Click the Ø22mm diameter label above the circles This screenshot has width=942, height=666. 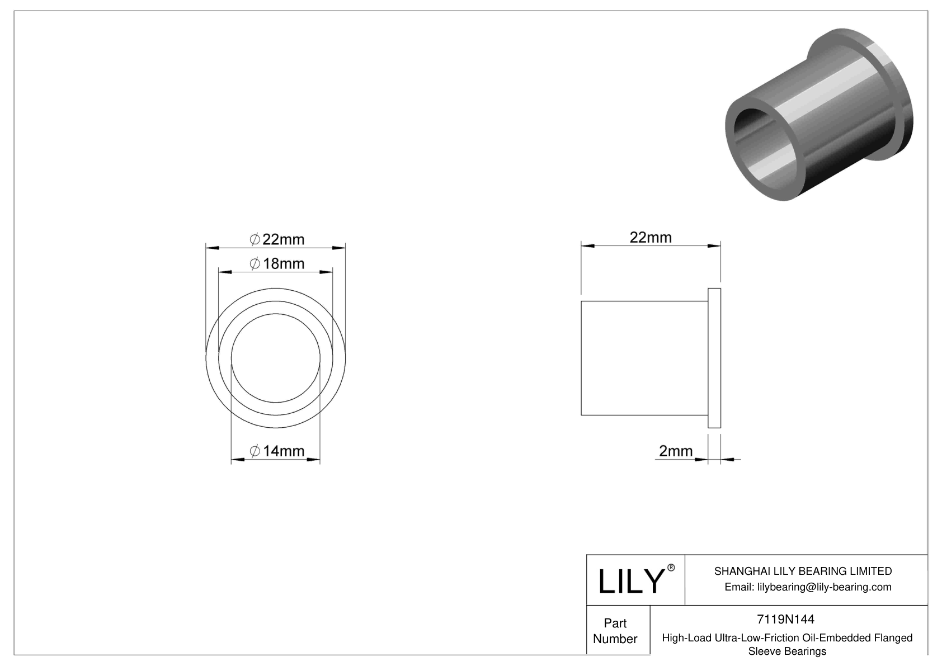click(x=277, y=239)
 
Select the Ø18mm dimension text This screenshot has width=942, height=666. click(x=277, y=263)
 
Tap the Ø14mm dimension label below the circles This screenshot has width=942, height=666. click(x=277, y=451)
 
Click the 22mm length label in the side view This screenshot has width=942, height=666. click(x=651, y=237)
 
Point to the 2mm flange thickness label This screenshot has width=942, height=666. click(x=676, y=451)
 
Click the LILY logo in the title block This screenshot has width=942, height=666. click(x=630, y=582)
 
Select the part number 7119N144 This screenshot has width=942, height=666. click(x=785, y=619)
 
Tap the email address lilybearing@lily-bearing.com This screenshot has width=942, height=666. click(x=808, y=587)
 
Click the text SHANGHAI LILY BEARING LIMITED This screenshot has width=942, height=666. click(x=803, y=571)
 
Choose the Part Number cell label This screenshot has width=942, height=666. click(x=615, y=631)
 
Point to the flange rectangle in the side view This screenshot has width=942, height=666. click(x=714, y=358)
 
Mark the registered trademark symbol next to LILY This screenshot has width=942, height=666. click(x=671, y=568)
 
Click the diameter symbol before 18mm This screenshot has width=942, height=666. click(x=255, y=263)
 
